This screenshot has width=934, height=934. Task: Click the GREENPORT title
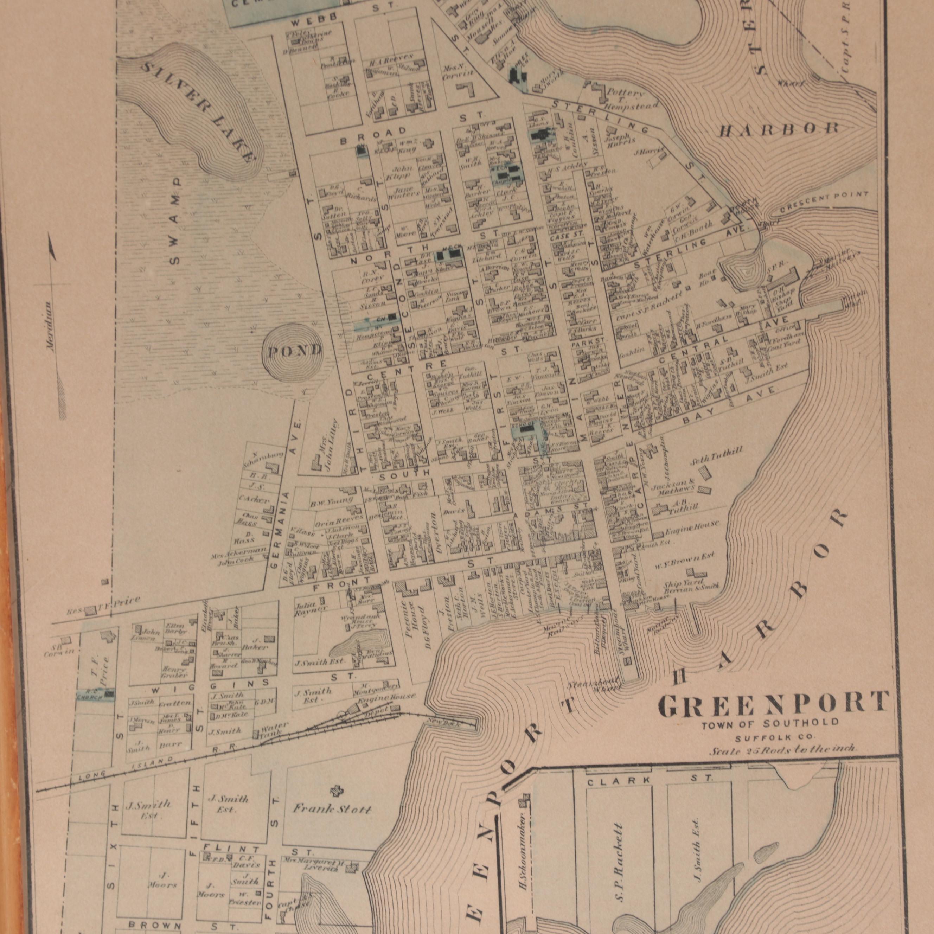click(x=774, y=705)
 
